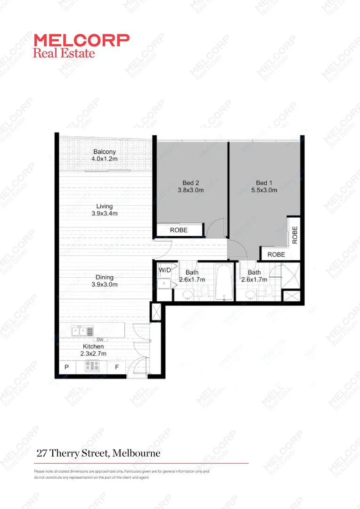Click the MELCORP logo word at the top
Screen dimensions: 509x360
click(x=81, y=40)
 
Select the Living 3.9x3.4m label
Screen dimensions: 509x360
click(x=104, y=210)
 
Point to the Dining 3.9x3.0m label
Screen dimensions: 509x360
click(x=104, y=281)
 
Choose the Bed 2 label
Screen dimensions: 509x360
click(x=191, y=187)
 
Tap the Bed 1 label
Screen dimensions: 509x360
click(x=264, y=187)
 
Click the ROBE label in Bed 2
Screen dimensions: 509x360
click(x=179, y=230)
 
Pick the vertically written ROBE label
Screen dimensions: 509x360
click(x=295, y=235)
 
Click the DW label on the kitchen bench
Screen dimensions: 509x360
click(x=99, y=340)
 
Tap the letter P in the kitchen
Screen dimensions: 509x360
click(x=66, y=367)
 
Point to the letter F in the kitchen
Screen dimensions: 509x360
click(x=116, y=367)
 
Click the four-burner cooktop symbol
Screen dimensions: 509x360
click(x=92, y=365)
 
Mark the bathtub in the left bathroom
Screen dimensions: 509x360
click(x=224, y=282)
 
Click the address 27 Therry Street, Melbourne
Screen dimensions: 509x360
click(x=98, y=453)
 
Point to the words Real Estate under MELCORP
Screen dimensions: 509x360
click(x=64, y=52)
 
